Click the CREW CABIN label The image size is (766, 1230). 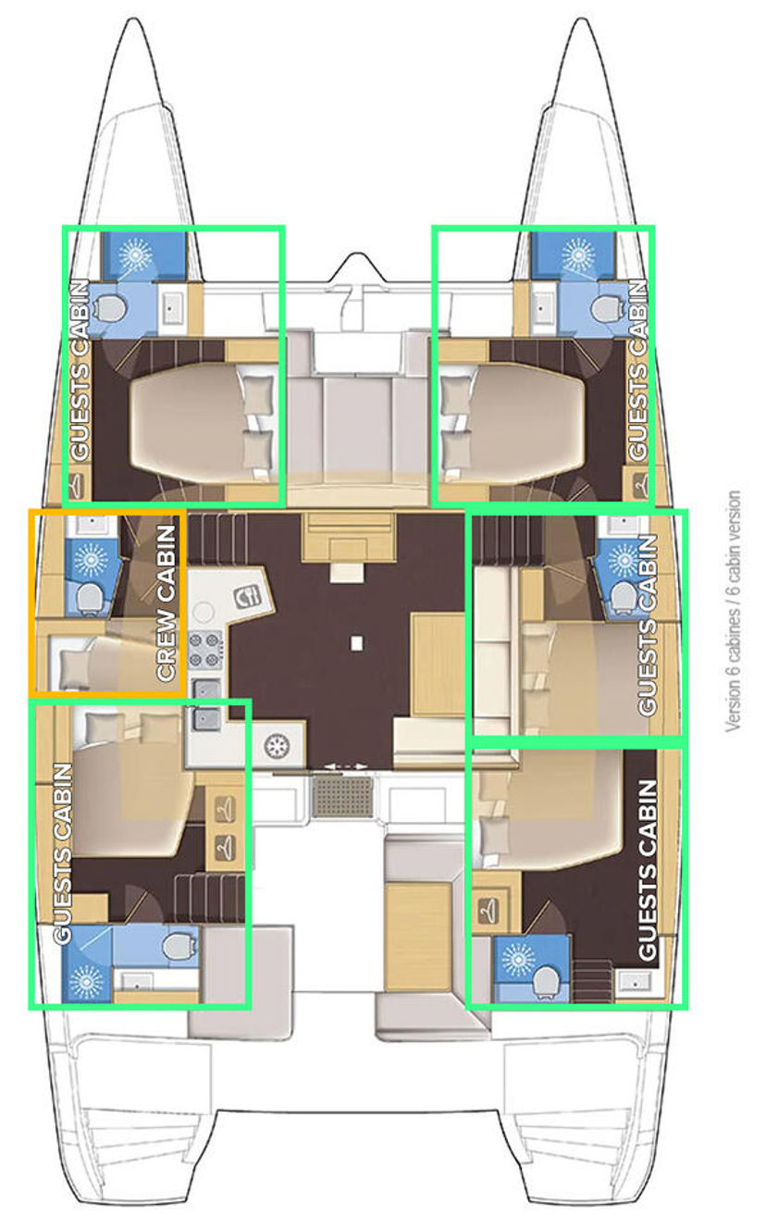(x=167, y=603)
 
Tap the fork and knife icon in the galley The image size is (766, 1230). (x=247, y=597)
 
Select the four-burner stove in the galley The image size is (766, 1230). (x=205, y=652)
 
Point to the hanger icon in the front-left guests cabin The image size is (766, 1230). (x=79, y=486)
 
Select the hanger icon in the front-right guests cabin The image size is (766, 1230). (x=640, y=486)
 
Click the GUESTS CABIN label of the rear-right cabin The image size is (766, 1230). (x=648, y=870)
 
